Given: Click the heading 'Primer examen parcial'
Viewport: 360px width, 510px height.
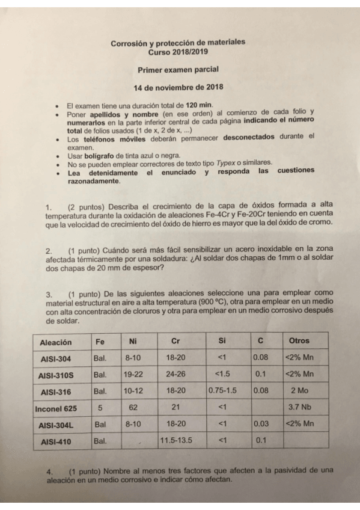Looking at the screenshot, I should [178, 70].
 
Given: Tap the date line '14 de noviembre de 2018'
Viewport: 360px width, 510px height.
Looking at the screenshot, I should [178, 87].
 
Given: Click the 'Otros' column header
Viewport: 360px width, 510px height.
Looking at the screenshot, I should [299, 341].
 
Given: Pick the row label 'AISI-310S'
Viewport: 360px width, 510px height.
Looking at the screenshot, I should [56, 375].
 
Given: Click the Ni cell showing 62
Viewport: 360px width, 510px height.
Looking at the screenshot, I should [133, 407].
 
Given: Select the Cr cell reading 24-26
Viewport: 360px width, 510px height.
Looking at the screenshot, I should [175, 373].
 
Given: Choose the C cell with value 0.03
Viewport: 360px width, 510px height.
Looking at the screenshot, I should [260, 423].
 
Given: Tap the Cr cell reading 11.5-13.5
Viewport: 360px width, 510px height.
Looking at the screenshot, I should [175, 440].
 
